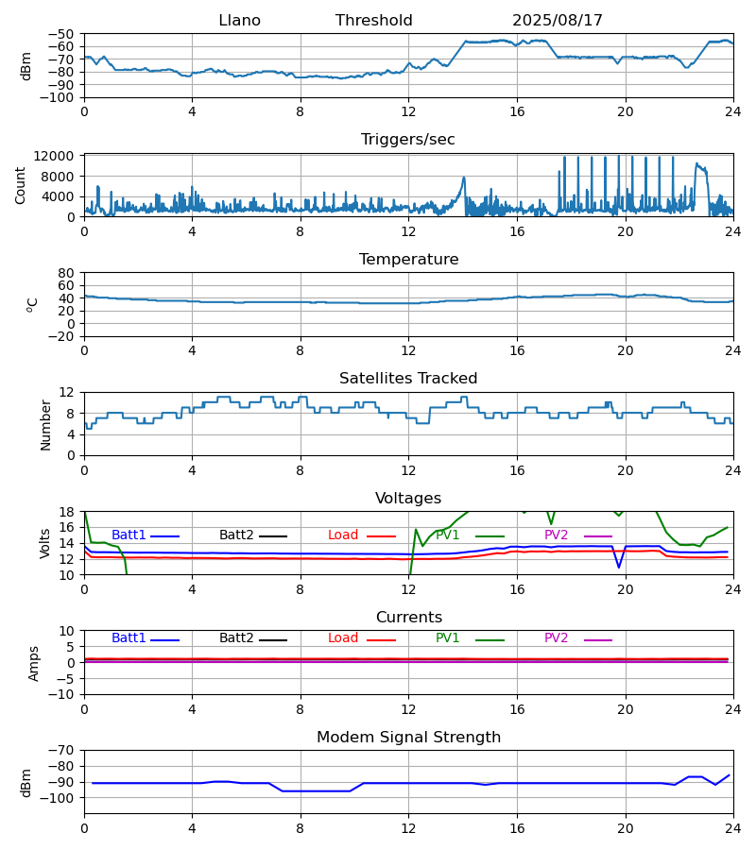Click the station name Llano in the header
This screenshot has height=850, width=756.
(239, 21)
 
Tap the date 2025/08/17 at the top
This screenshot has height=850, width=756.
(558, 21)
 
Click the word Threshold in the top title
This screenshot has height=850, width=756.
(373, 21)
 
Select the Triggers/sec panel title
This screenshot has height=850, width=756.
(408, 140)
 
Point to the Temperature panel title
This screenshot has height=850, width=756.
(408, 260)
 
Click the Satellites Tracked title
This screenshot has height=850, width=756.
(408, 379)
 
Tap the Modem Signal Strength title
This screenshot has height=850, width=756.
(408, 738)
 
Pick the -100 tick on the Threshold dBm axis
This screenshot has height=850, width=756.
(59, 97)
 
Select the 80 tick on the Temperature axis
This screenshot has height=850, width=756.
(67, 273)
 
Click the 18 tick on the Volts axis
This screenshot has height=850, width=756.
(67, 512)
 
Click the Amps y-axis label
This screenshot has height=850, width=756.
(35, 663)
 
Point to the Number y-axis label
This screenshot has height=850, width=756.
(45, 424)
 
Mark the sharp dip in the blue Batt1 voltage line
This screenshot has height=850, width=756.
(619, 567)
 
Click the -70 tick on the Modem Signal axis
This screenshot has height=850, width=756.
(62, 750)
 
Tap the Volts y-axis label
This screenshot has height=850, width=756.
(45, 543)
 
